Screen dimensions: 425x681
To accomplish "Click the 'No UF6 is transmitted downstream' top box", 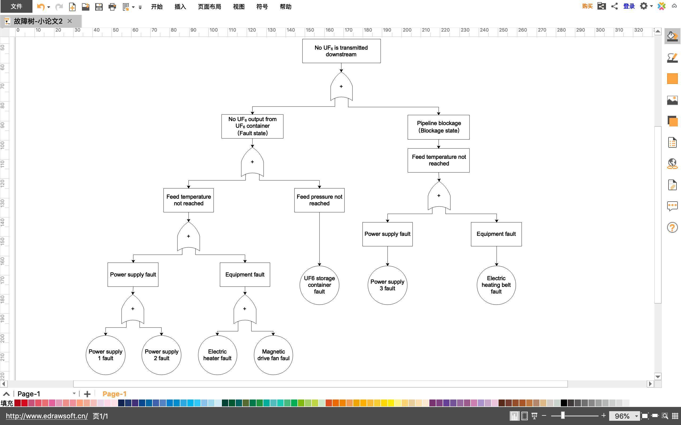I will click(341, 51).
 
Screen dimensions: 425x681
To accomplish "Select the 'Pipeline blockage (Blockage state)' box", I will click(438, 127).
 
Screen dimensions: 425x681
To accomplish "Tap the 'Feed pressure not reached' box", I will click(319, 200).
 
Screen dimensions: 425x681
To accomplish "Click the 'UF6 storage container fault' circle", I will click(319, 285).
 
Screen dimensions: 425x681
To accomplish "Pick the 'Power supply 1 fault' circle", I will click(105, 355).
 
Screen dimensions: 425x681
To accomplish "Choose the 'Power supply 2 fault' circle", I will click(161, 355).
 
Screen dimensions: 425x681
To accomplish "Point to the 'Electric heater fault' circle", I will click(217, 355).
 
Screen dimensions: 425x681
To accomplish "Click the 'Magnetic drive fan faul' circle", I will click(273, 355).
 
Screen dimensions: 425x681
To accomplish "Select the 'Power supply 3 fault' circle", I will click(387, 285).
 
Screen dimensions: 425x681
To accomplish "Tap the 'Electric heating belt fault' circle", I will click(496, 285).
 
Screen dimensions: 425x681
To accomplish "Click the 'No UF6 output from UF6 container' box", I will click(252, 126).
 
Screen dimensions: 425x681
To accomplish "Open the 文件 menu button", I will click(16, 6).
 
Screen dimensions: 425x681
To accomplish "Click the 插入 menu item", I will click(180, 6).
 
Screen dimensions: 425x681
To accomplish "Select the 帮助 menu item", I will click(285, 6).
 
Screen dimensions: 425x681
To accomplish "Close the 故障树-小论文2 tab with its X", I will click(70, 21).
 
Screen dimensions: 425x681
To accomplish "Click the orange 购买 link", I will click(587, 6).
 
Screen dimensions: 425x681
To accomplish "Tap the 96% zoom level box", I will click(622, 416).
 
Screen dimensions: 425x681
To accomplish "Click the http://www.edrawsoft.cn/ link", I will click(47, 416).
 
